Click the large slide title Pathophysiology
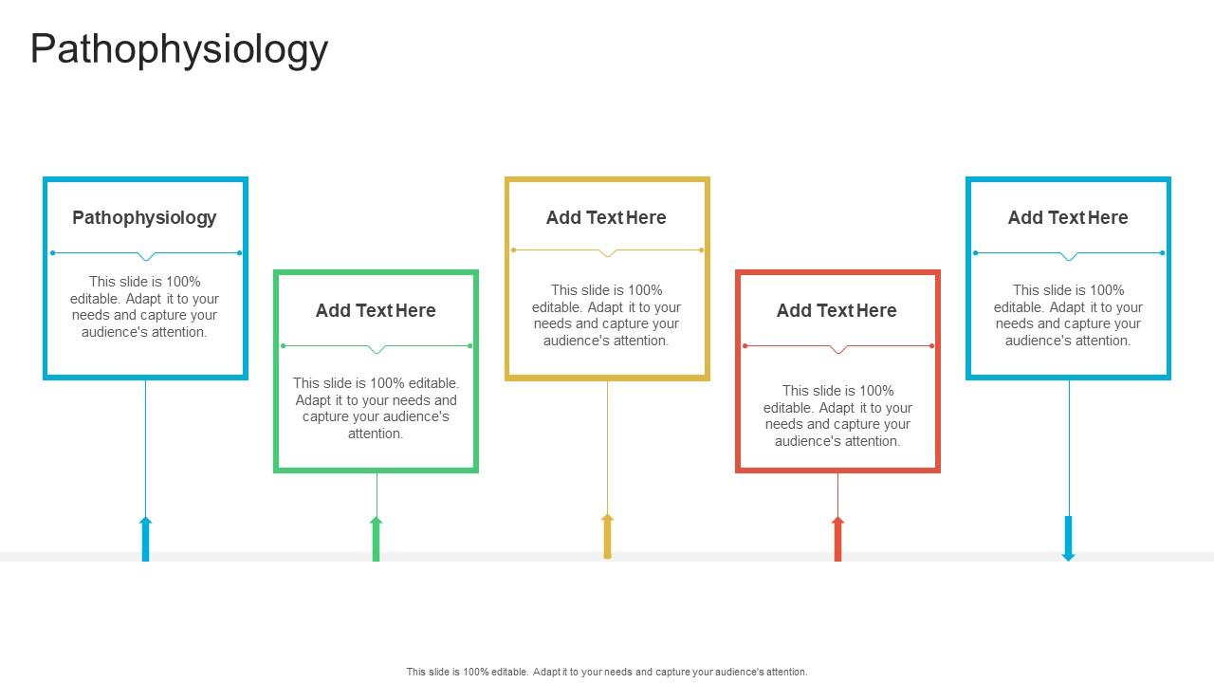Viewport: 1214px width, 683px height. click(x=179, y=49)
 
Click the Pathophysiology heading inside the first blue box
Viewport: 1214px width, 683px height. click(x=144, y=217)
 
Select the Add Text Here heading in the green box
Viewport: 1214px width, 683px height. click(x=376, y=310)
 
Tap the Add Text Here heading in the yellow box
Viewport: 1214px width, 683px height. click(x=606, y=217)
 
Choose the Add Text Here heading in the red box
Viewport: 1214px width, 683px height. click(x=837, y=310)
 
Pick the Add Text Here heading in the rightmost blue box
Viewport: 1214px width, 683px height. click(x=1068, y=217)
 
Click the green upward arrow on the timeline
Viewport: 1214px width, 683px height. click(x=376, y=539)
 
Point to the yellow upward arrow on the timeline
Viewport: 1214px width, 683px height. click(x=607, y=536)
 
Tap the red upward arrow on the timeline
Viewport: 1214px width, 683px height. click(x=837, y=539)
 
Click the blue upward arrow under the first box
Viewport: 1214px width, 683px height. click(x=145, y=539)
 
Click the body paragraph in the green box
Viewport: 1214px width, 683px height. click(x=376, y=408)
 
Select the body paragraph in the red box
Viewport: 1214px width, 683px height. click(x=837, y=415)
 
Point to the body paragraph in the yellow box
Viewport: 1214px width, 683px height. click(x=606, y=315)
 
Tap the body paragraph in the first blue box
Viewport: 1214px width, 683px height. click(x=144, y=306)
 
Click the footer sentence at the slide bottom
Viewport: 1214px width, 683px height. click(x=607, y=672)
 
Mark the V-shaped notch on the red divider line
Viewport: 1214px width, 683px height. click(x=837, y=350)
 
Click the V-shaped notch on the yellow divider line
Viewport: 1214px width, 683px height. click(x=608, y=253)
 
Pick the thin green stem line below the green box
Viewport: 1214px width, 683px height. click(x=377, y=493)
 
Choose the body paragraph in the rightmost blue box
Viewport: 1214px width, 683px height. click(x=1068, y=315)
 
